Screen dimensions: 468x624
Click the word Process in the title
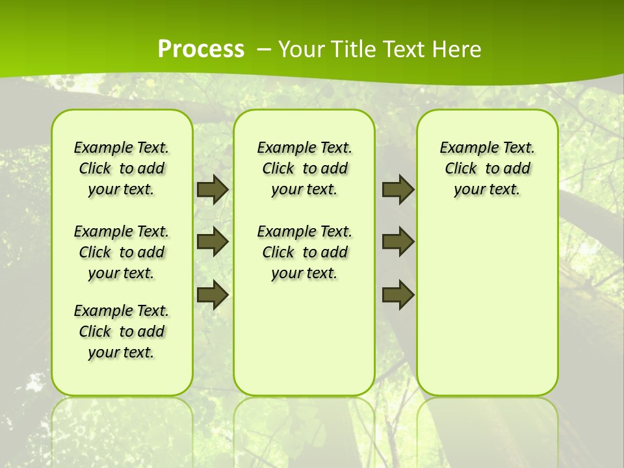[x=201, y=49]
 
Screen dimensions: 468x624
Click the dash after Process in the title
[x=264, y=49]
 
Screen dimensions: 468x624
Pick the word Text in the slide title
[x=404, y=49]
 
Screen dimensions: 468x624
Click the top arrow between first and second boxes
[x=213, y=189]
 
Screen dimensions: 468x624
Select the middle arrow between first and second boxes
[x=213, y=242]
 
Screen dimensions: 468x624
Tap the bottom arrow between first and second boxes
[x=213, y=294]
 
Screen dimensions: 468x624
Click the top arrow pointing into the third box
[x=398, y=189]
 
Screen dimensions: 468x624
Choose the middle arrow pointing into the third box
[x=398, y=242]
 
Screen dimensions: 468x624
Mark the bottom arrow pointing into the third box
[x=398, y=294]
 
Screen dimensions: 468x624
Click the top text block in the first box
[x=122, y=168]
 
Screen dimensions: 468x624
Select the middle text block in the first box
[x=122, y=252]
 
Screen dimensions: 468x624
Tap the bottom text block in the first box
[x=122, y=331]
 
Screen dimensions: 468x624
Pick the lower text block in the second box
[x=304, y=252]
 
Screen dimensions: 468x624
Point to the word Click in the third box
[x=461, y=168]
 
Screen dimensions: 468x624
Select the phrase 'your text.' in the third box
[x=487, y=190]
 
